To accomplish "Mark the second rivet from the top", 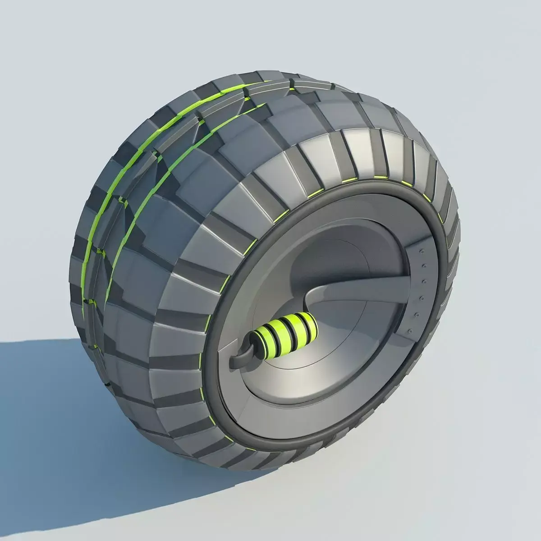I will (x=424, y=266).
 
